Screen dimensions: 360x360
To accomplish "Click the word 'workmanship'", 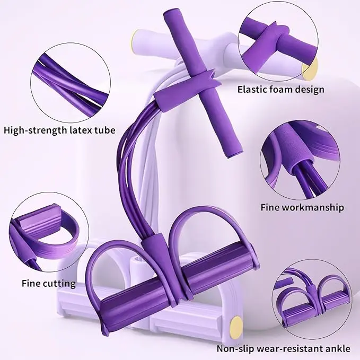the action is pyautogui.click(x=313, y=207).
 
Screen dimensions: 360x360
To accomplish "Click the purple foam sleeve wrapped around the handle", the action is pyautogui.click(x=185, y=89).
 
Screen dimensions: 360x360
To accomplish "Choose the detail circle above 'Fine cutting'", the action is pyautogui.click(x=49, y=232).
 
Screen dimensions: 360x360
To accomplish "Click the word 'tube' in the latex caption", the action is pyautogui.click(x=105, y=130).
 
